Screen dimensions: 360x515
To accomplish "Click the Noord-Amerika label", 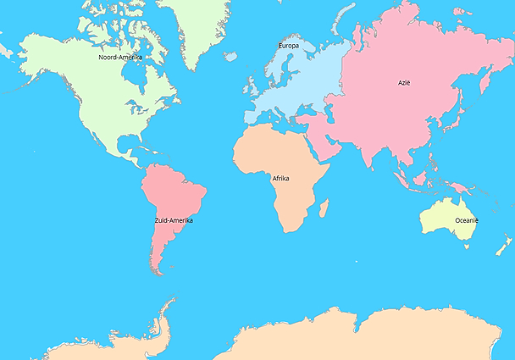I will [120, 57].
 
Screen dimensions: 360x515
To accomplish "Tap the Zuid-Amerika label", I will [174, 220].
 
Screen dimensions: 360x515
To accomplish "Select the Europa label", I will [288, 45].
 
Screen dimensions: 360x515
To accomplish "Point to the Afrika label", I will [281, 179].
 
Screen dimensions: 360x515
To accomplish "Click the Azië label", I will [404, 83].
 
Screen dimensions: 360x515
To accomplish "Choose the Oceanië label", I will [467, 220].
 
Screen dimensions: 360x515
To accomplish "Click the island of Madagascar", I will [324, 208].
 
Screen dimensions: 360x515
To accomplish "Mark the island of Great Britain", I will [252, 87].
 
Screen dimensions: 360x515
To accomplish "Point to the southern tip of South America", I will [156, 271].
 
